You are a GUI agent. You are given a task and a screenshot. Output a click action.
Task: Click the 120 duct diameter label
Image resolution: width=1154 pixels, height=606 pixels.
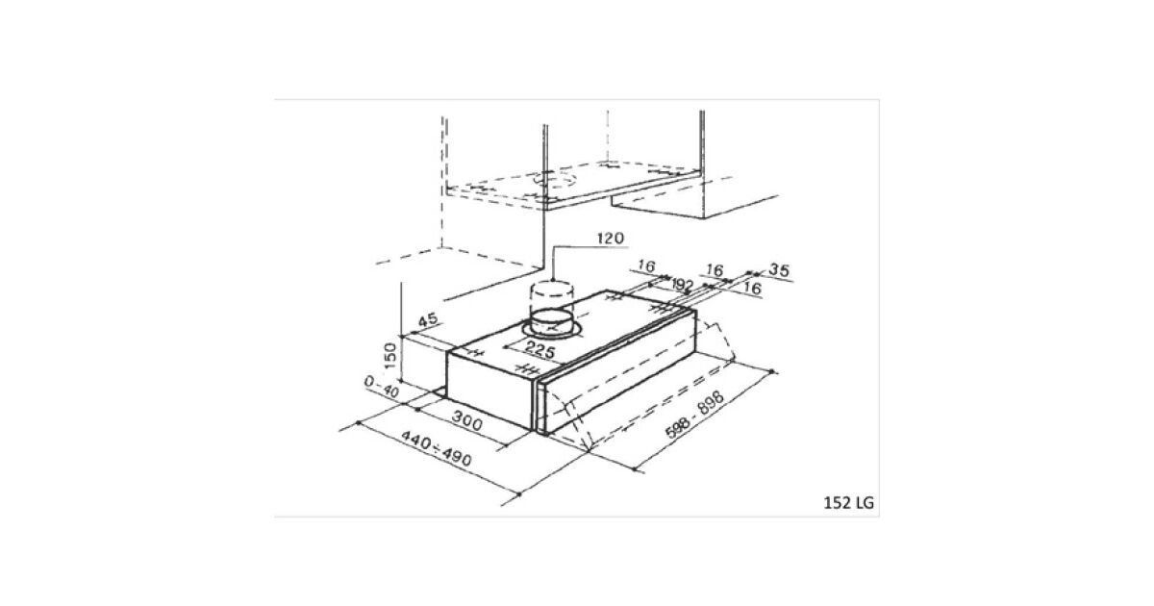[611, 239]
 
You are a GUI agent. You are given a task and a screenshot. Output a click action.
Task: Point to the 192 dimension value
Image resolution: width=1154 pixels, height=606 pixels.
[683, 285]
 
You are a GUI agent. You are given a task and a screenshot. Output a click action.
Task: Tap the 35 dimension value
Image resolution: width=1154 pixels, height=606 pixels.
[779, 270]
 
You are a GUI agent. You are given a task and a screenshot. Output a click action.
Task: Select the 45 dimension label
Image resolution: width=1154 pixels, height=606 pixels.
[427, 320]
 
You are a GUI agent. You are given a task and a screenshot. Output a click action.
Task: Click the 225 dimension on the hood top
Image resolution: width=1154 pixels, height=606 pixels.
[539, 350]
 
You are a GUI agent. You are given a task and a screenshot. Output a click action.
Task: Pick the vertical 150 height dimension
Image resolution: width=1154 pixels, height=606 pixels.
[390, 356]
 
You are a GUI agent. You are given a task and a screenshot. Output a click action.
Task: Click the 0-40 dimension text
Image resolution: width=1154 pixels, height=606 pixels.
[382, 387]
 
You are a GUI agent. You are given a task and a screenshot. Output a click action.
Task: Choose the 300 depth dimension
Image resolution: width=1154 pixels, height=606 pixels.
[467, 420]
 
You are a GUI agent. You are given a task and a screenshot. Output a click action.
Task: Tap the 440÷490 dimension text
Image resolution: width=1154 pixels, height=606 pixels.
[437, 449]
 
